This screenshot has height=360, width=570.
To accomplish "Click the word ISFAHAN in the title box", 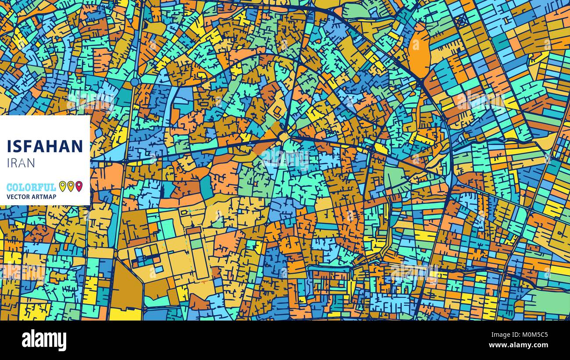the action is (45, 146).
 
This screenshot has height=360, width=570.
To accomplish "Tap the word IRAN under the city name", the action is (21, 163).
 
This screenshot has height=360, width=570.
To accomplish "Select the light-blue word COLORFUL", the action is (31, 187).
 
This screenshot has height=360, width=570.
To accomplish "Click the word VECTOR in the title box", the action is (18, 197).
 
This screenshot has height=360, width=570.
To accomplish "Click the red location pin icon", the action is (79, 186).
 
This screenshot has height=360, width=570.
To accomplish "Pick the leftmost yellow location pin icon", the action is (62, 186).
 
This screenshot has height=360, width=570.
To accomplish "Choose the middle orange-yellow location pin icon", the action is (71, 186).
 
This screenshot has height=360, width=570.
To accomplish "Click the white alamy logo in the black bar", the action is (44, 340).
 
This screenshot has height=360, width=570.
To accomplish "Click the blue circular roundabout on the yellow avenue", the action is (135, 82).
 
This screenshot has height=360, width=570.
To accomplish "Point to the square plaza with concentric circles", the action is (461, 20).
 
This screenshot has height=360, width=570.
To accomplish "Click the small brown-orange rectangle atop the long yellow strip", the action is (193, 230).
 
